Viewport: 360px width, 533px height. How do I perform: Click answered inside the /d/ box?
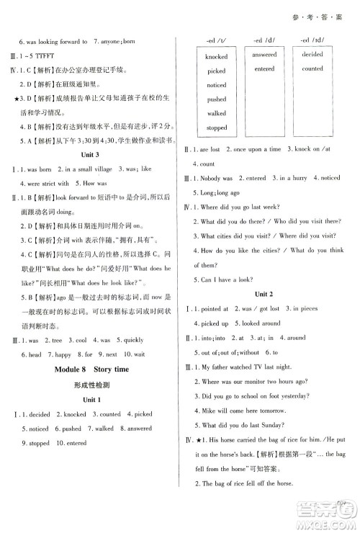[264, 55]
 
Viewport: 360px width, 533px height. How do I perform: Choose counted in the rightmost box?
[312, 69]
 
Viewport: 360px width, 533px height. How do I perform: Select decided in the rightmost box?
[312, 55]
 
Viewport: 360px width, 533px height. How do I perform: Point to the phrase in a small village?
[86, 169]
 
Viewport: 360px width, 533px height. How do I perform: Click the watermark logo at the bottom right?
[333, 513]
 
